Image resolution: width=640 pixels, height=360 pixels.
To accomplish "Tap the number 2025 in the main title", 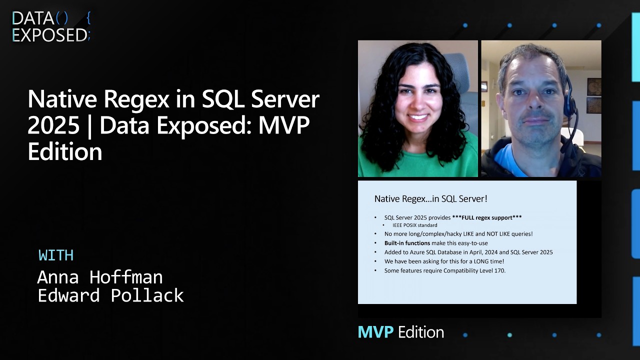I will click(x=53, y=125).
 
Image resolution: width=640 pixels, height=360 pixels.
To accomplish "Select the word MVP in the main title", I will click(x=284, y=125).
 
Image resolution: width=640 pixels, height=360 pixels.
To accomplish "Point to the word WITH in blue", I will click(x=56, y=255).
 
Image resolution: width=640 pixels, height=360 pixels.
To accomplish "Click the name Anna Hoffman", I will click(x=100, y=276).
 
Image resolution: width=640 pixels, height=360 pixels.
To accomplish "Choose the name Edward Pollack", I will click(x=110, y=295).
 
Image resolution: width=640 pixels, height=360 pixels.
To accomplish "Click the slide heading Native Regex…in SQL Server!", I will click(x=430, y=198).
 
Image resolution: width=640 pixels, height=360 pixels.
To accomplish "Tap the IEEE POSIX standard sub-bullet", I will click(x=414, y=225).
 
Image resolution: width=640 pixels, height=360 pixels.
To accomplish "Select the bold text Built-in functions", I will click(x=404, y=243).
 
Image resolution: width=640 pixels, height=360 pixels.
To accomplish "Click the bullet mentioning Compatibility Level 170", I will click(x=445, y=270).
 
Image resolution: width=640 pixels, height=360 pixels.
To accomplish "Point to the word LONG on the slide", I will click(x=473, y=261).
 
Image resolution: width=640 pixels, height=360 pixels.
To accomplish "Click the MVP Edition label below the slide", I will click(x=400, y=332).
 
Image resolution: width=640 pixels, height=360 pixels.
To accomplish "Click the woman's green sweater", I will click(x=418, y=162).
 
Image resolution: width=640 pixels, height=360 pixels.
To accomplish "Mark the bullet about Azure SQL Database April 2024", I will click(x=468, y=252).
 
